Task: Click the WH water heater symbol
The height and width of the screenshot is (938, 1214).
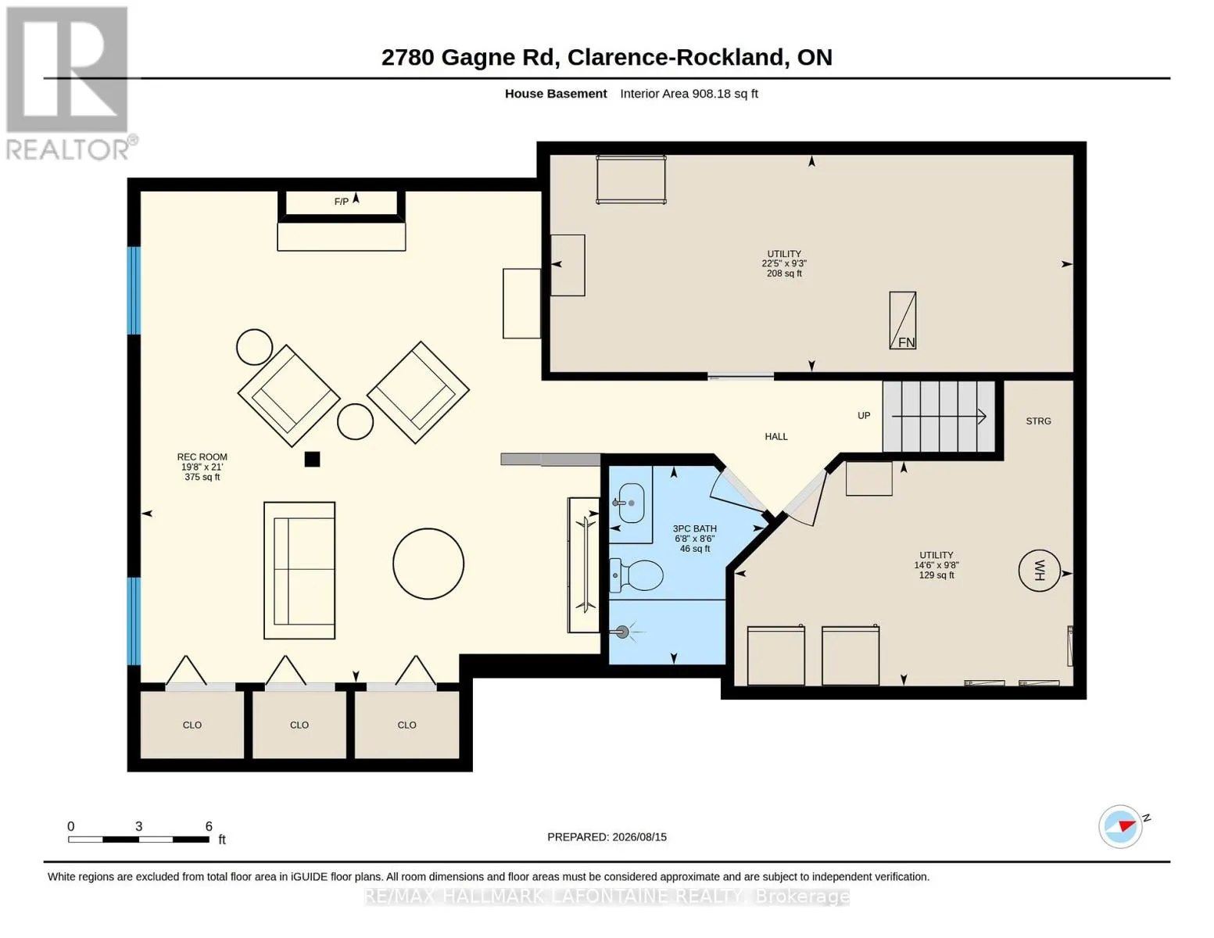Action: [1039, 571]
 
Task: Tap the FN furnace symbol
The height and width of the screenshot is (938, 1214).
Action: [902, 320]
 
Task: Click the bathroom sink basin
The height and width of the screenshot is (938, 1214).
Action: [632, 503]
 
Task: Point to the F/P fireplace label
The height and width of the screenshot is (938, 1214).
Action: [342, 201]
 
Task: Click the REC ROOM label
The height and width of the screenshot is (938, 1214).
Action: [202, 456]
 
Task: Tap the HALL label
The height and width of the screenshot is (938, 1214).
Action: [776, 436]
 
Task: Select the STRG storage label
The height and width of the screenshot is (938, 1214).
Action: [1038, 421]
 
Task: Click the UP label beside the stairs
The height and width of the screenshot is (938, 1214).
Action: [864, 415]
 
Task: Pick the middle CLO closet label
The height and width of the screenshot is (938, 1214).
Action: [299, 725]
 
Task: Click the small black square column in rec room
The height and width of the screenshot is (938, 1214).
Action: [313, 459]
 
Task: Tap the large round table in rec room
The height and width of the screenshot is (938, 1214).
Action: [428, 564]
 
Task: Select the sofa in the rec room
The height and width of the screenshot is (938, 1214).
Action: [299, 570]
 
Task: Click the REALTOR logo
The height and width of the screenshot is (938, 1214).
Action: [70, 83]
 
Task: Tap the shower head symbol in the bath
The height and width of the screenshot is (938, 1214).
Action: [622, 632]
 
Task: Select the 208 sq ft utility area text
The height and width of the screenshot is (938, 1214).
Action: [784, 273]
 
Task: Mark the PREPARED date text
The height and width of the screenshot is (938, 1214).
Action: [607, 837]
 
